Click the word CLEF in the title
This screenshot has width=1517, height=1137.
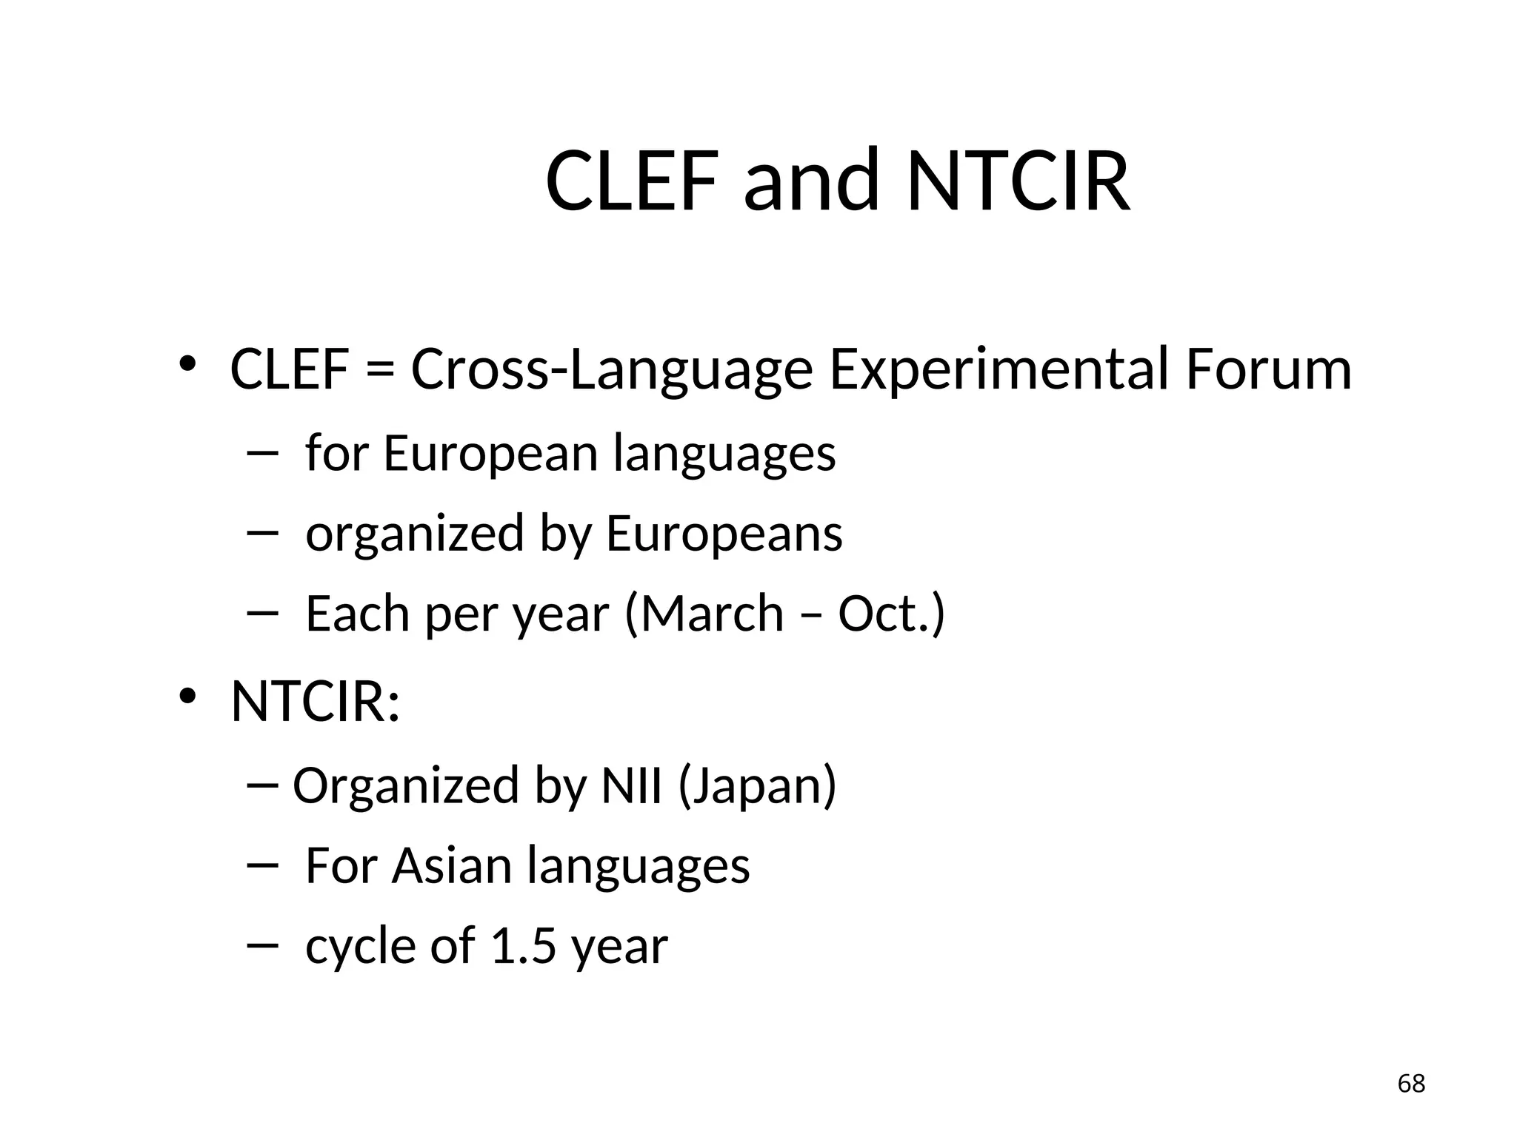point(632,182)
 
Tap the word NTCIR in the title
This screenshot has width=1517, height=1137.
point(1018,182)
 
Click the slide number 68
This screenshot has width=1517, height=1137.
point(1411,1084)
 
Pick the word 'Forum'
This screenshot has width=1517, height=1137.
point(1268,370)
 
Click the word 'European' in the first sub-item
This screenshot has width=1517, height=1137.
point(490,453)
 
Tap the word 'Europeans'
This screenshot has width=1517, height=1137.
point(724,533)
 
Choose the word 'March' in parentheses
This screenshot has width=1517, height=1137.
point(711,614)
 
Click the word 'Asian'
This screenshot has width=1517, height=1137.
point(451,865)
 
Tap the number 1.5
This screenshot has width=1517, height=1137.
point(523,946)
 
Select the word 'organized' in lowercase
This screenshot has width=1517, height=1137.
point(415,533)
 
